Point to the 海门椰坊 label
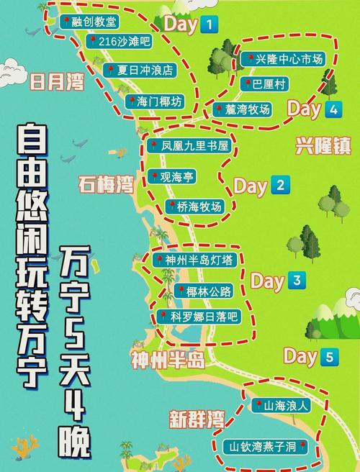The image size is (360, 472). pos(156,101)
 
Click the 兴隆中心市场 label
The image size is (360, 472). pos(287,59)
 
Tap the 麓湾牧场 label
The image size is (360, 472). pos(244,109)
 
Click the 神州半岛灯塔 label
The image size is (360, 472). pos(194,260)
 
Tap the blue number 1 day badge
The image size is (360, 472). pos(209,25)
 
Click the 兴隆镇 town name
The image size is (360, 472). pos(323,146)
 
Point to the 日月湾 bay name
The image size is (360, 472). pos(56,82)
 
